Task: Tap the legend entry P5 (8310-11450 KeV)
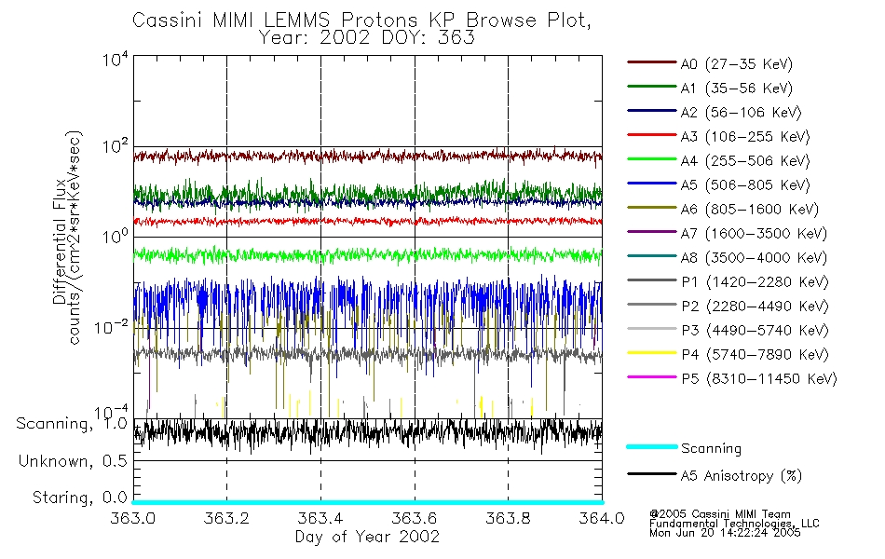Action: pos(758,379)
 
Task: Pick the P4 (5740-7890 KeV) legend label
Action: pos(755,355)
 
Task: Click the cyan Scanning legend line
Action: pos(651,448)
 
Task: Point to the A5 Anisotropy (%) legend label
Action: pos(742,476)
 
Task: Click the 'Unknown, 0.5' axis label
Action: pos(73,461)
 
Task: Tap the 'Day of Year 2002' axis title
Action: pos(367,538)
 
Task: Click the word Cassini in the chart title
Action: pos(162,19)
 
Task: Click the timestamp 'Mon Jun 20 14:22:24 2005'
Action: pos(725,535)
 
